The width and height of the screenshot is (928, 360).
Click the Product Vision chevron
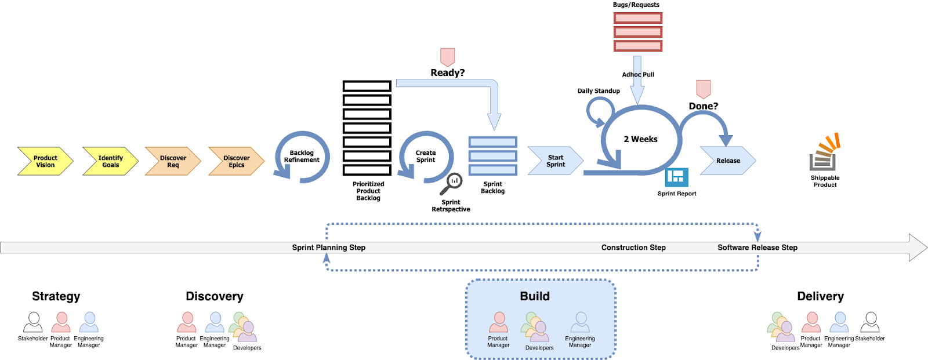click(45, 161)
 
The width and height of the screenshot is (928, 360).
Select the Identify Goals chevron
click(110, 161)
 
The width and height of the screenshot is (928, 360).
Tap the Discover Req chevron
click(173, 161)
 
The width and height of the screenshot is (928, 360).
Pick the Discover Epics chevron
click(236, 161)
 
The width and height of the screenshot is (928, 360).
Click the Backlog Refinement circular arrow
click(302, 157)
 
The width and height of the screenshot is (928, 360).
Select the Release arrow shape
click(728, 161)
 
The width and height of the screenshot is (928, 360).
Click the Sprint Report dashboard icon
click(676, 177)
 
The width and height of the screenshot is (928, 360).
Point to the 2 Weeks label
click(640, 139)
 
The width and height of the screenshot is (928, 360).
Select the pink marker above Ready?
click(447, 57)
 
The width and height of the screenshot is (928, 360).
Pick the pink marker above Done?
click(703, 89)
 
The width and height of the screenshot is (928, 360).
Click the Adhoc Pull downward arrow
click(637, 81)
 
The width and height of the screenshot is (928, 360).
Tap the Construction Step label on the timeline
click(633, 248)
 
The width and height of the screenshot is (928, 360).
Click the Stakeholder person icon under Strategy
click(33, 322)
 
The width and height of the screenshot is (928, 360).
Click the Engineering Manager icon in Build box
click(580, 322)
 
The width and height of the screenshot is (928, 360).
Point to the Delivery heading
click(820, 296)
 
